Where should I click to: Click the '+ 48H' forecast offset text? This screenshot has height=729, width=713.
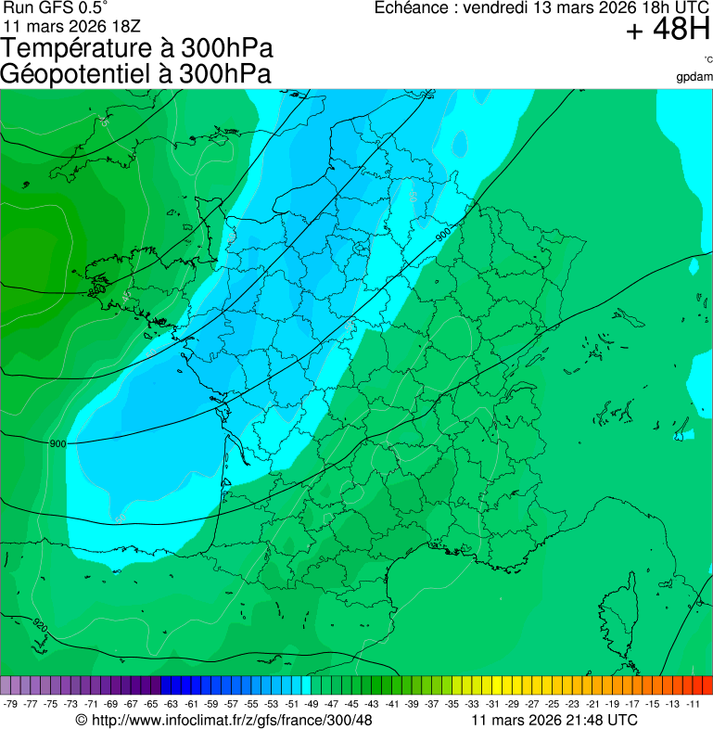pyautogui.click(x=668, y=31)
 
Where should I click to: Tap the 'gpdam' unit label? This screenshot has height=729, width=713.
pyautogui.click(x=694, y=77)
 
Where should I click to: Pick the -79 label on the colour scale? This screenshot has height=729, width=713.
pyautogui.click(x=11, y=704)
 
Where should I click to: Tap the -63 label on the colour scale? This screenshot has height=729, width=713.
pyautogui.click(x=171, y=704)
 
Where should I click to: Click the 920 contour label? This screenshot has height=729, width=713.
pyautogui.click(x=39, y=622)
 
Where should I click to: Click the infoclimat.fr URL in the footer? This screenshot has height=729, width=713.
pyautogui.click(x=231, y=720)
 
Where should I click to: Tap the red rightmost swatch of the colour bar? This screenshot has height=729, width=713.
pyautogui.click(x=707, y=685)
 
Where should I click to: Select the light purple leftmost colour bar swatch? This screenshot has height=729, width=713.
pyautogui.click(x=6, y=685)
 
